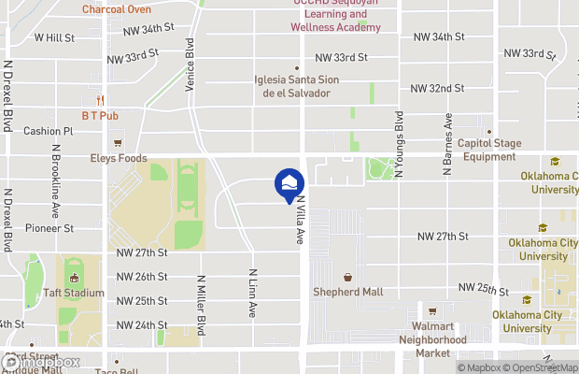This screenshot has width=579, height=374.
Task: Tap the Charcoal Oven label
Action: click(x=117, y=9)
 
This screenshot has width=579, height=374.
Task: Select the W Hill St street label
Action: click(x=54, y=37)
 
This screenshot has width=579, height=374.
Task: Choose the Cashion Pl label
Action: click(x=49, y=132)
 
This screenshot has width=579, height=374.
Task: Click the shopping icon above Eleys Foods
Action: click(x=119, y=143)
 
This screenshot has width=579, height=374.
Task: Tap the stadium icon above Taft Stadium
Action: click(x=73, y=277)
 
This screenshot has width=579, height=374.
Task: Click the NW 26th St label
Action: click(x=142, y=277)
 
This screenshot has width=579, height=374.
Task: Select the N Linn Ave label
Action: click(x=252, y=294)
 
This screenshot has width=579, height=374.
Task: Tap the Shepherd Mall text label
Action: click(x=347, y=293)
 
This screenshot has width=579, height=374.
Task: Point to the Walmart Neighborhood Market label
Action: click(x=431, y=339)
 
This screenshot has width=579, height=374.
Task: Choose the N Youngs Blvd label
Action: click(x=399, y=144)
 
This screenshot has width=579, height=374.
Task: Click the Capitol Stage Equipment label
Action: click(x=487, y=150)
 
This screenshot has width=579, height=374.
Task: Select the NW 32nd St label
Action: click(x=439, y=89)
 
